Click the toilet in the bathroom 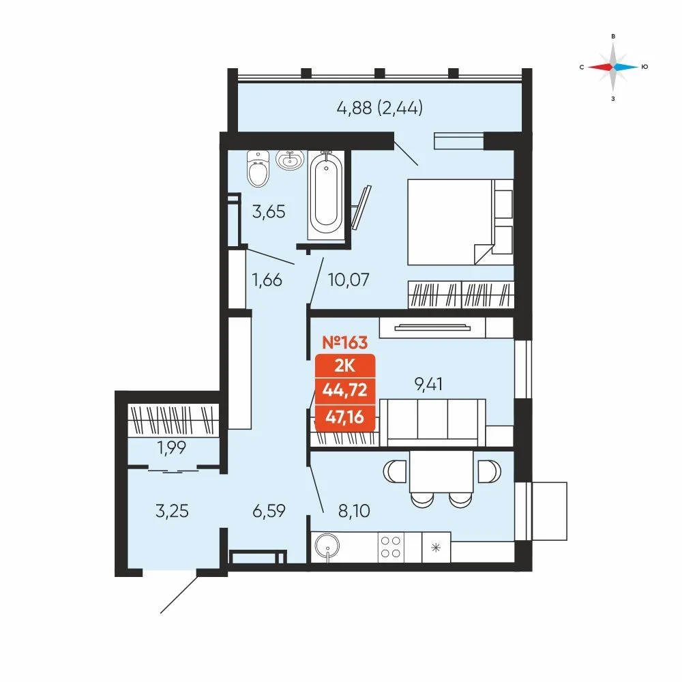point(258,168)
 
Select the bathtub point(326,195)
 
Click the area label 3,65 point(269,212)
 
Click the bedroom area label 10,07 point(349,280)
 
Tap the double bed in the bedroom point(460,222)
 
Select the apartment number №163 point(345,343)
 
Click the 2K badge point(345,366)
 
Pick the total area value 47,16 point(345,417)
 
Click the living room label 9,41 point(429,384)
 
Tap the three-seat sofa point(433,422)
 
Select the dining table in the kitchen point(441,472)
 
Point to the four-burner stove point(391,547)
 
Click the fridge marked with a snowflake point(436,547)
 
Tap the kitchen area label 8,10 point(354,511)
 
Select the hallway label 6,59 point(269,511)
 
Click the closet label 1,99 point(172,447)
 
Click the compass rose point(613,67)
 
